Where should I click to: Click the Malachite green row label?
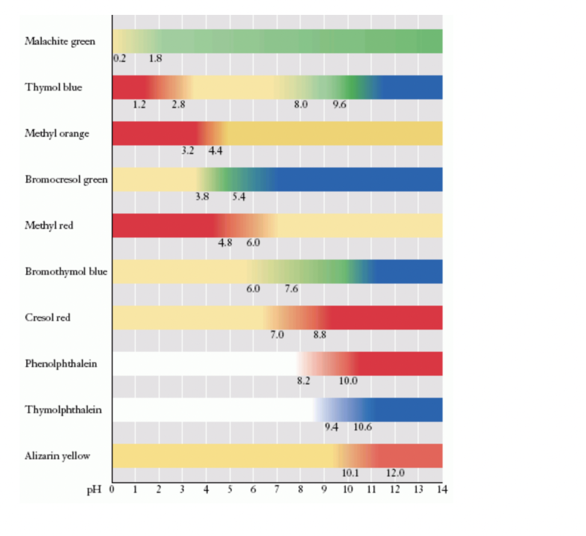pos(60,41)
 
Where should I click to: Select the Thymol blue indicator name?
pos(53,87)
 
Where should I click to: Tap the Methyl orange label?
pos(57,133)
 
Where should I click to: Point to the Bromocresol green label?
pos(66,179)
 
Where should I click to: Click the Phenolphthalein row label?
pos(61,364)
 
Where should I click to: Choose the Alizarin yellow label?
pos(57,456)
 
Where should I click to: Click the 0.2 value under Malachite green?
pos(120,58)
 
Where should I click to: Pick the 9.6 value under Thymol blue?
pos(339,105)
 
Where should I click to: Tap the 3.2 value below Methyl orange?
pos(187,151)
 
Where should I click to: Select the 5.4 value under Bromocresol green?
pos(239,197)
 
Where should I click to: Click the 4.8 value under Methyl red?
pos(225,243)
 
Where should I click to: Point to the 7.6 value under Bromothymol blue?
pos(291,289)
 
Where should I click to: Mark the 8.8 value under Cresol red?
pos(319,335)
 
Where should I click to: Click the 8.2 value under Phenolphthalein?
pos(303,381)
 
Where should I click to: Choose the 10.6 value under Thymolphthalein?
pos(363,427)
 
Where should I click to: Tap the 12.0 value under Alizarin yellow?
pos(395,473)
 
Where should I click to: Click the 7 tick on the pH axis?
pos(277,490)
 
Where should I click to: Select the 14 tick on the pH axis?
pos(442,490)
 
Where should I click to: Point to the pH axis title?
pos(93,490)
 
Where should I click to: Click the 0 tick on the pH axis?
pos(112,490)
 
